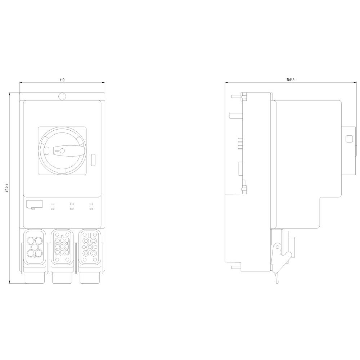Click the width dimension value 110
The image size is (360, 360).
click(x=62, y=80)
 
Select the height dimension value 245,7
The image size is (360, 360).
click(x=7, y=188)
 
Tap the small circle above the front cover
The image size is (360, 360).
click(x=62, y=96)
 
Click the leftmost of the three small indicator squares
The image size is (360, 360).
click(x=53, y=204)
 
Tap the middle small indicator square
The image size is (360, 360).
click(x=72, y=204)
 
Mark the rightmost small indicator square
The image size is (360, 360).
click(x=91, y=204)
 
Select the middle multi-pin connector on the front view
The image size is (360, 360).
click(x=62, y=247)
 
